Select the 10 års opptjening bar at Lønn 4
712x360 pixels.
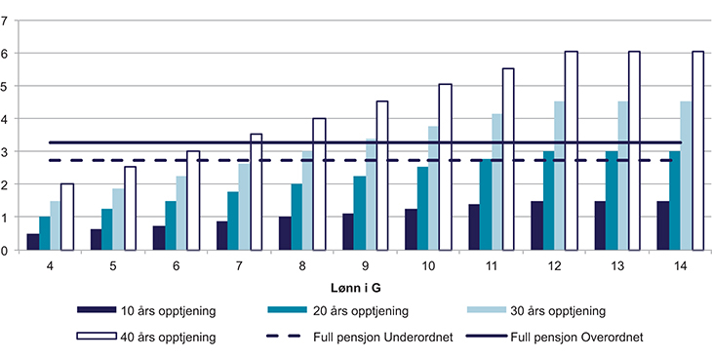33,242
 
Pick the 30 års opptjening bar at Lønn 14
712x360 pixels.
685,176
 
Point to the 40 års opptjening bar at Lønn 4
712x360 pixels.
67,217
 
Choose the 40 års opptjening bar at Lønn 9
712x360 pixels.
382,176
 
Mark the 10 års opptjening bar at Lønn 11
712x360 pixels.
474,227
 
